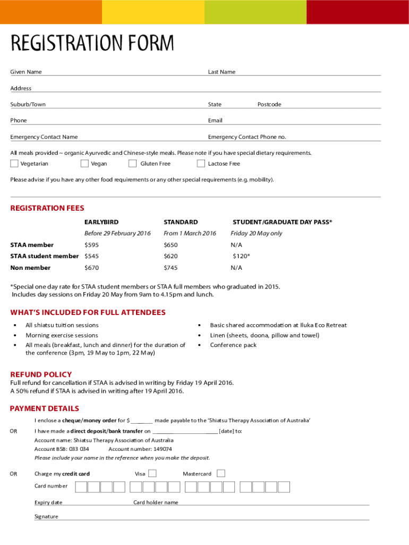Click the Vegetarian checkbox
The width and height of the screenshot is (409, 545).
(14, 163)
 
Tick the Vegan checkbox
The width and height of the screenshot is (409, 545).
(85, 163)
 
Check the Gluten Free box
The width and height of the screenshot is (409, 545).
(132, 163)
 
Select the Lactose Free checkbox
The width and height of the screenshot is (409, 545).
(201, 163)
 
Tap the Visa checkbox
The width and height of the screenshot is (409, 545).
(152, 473)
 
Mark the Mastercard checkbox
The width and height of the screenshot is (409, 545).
(221, 473)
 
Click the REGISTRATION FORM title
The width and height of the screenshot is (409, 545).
(92, 43)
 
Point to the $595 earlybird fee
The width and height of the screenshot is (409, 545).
(92, 245)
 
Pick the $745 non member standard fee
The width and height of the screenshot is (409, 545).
(171, 268)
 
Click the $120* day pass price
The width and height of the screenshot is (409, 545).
(241, 256)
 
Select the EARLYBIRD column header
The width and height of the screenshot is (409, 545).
(101, 222)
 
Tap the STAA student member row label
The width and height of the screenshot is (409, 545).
(45, 256)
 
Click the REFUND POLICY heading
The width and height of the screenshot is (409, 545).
(41, 374)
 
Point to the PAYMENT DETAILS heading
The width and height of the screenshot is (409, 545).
(45, 408)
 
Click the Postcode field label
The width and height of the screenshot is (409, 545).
(269, 104)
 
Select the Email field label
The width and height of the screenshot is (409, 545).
(215, 120)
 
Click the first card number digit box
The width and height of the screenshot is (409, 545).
(81, 486)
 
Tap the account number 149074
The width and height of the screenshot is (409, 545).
(163, 449)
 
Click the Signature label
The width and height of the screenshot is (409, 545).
(46, 516)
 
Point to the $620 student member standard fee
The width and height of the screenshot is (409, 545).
(171, 256)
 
